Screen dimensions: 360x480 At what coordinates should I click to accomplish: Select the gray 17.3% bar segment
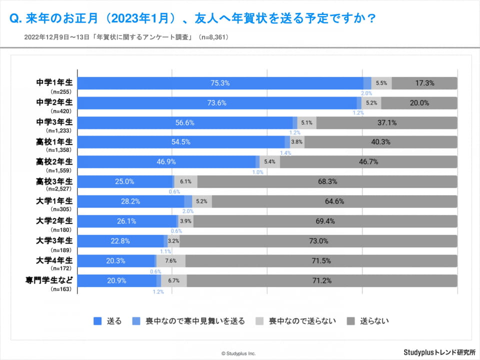424,83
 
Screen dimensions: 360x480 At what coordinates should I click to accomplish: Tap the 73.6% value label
217,103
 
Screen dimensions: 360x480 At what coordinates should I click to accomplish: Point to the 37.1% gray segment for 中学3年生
386,122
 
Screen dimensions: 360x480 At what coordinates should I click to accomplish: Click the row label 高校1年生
54,141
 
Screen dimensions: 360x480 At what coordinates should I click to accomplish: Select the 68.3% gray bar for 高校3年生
327,181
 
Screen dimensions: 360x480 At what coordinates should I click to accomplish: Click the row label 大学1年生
54,200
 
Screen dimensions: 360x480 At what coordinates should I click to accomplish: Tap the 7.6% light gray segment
170,260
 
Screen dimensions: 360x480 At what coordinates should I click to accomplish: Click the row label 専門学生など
49,279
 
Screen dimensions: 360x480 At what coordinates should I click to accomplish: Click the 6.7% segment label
173,280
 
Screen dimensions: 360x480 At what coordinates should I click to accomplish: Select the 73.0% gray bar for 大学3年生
318,241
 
